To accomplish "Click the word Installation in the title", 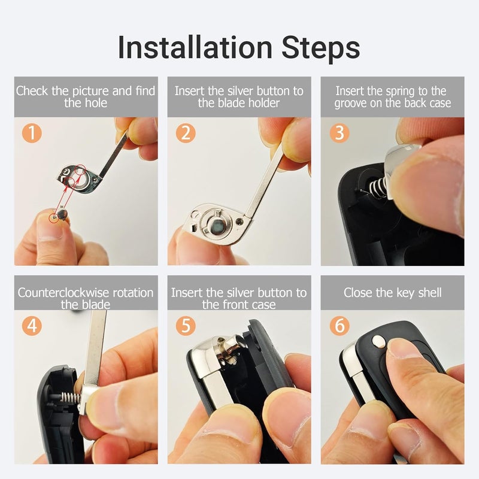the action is click(195, 47).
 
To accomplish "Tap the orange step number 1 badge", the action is click(32, 133).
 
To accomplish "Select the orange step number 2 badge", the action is click(186, 133).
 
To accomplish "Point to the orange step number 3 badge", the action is click(339, 133).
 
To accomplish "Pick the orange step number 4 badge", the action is click(32, 325).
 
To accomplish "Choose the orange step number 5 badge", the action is click(186, 325).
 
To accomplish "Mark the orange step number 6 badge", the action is click(339, 325).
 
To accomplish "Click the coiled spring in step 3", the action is click(375, 187).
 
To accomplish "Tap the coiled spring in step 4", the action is click(71, 397).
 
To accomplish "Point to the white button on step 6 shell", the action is click(378, 341).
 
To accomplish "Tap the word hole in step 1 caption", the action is click(96, 103).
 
